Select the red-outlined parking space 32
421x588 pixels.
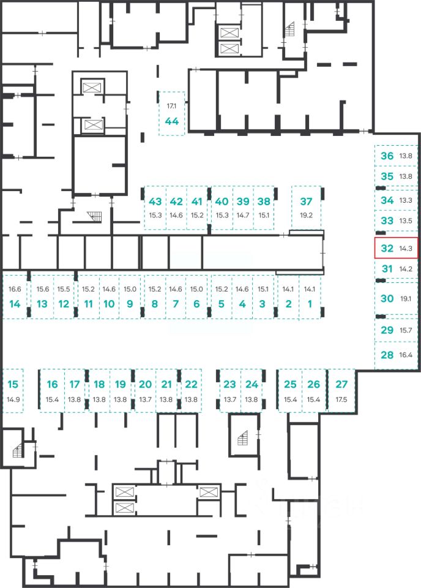click(397, 248)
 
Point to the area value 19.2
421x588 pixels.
click(306, 215)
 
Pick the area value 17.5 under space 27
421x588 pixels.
click(341, 399)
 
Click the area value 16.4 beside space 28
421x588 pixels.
click(406, 355)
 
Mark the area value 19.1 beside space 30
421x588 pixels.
click(406, 298)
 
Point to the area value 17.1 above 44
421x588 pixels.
click(171, 106)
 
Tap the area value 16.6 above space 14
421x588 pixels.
click(15, 289)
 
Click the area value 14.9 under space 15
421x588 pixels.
click(13, 399)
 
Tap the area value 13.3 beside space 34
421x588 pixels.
click(406, 200)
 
